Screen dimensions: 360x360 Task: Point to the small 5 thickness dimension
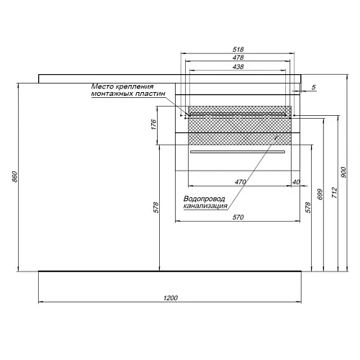click(x=314, y=88)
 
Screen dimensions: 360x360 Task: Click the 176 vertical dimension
click(x=153, y=125)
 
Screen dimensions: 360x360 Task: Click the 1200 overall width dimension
click(x=171, y=297)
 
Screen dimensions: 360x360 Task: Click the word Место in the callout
click(x=102, y=86)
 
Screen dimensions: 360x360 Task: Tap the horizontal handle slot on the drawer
click(x=238, y=153)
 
